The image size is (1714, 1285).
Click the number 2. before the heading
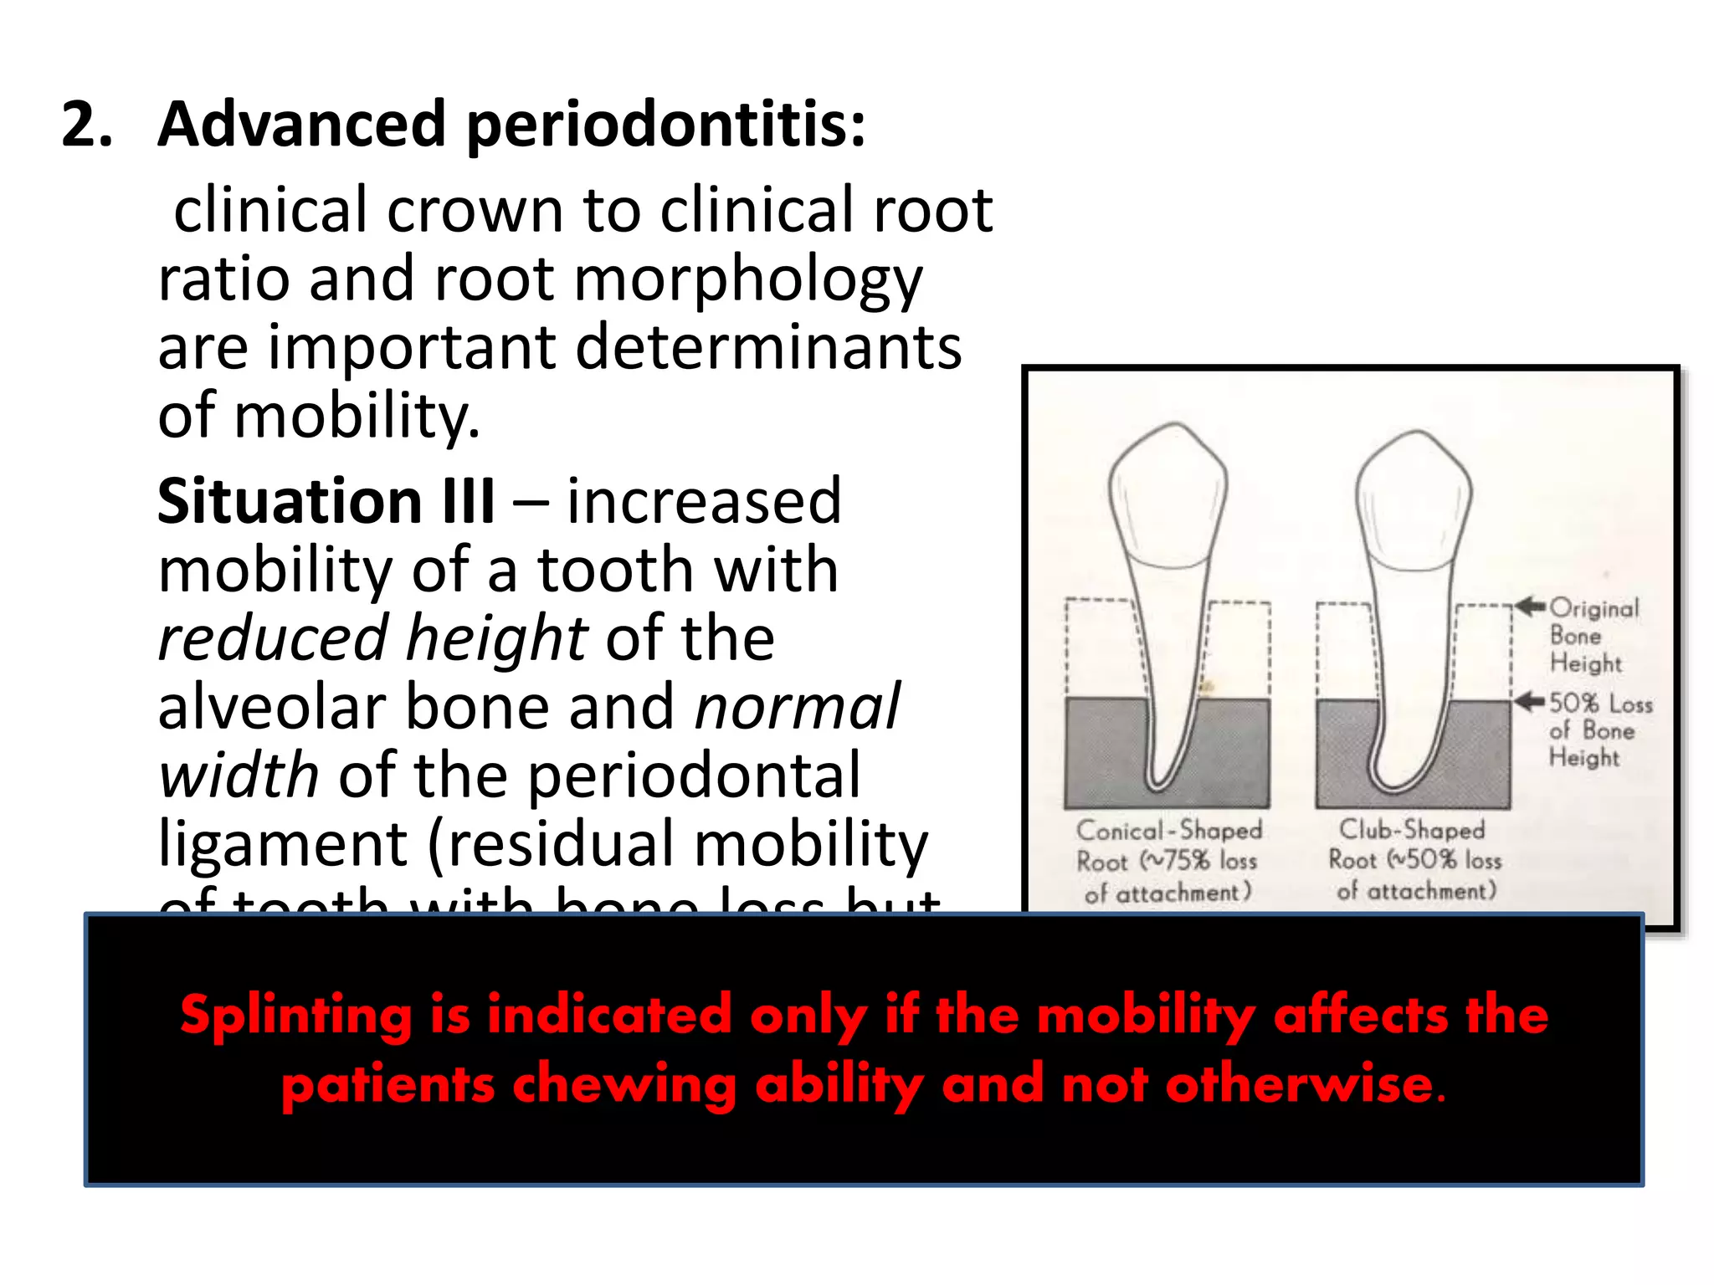86,125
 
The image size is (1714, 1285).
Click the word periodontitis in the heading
665,125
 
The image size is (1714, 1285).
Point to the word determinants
768,347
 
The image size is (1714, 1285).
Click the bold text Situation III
326,501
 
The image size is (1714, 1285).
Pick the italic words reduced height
373,638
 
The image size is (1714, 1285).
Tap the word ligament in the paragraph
283,843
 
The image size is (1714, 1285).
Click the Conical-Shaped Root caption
1168,861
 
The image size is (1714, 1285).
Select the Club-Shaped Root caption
1414,859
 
